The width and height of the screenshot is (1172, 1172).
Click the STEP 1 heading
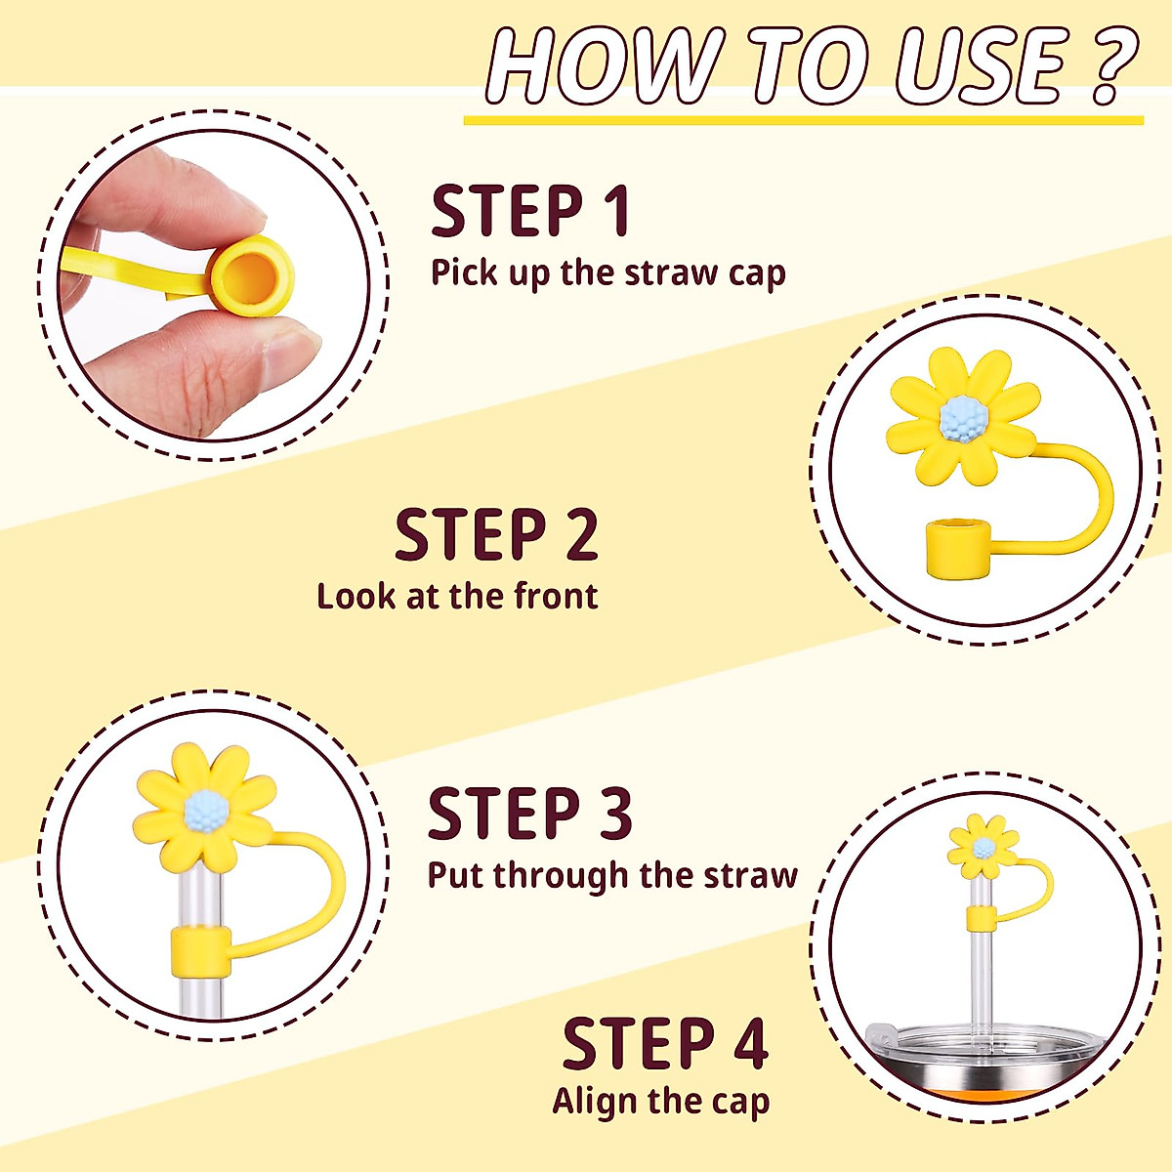[530, 212]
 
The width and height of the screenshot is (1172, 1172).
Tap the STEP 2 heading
[496, 535]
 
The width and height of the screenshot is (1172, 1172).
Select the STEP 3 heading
[529, 815]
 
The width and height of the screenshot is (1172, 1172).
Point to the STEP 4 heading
[664, 1043]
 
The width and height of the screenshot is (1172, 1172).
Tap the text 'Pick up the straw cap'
[607, 272]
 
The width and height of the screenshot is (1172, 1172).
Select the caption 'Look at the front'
[457, 596]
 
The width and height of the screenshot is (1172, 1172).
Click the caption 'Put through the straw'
[612, 875]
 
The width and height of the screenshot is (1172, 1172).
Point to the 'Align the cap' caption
[661, 1101]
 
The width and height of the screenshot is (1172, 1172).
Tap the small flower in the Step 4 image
[984, 846]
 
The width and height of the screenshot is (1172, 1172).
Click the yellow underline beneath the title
[803, 120]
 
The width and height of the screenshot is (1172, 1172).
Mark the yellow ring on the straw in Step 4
[982, 918]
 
